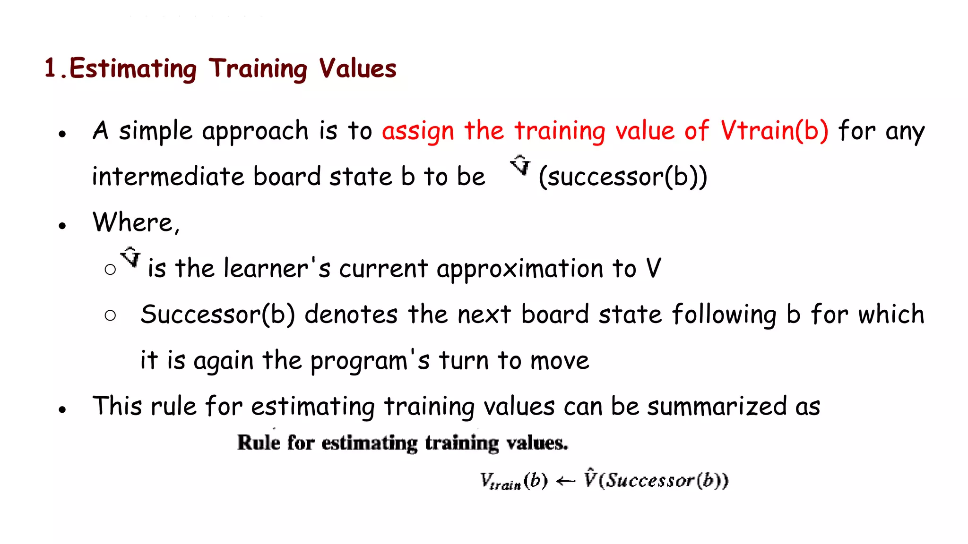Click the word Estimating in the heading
pos(133,69)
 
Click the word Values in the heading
pos(357,69)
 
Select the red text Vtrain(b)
pos(774,131)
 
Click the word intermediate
pos(168,177)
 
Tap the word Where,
pos(136,222)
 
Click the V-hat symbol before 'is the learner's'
pos(130,257)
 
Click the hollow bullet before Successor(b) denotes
pos(110,315)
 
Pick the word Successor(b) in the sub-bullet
pos(217,314)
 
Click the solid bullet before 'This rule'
pos(62,409)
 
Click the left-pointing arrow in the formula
pos(566,481)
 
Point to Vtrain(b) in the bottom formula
pos(514,481)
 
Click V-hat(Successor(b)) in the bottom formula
pos(656,480)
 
